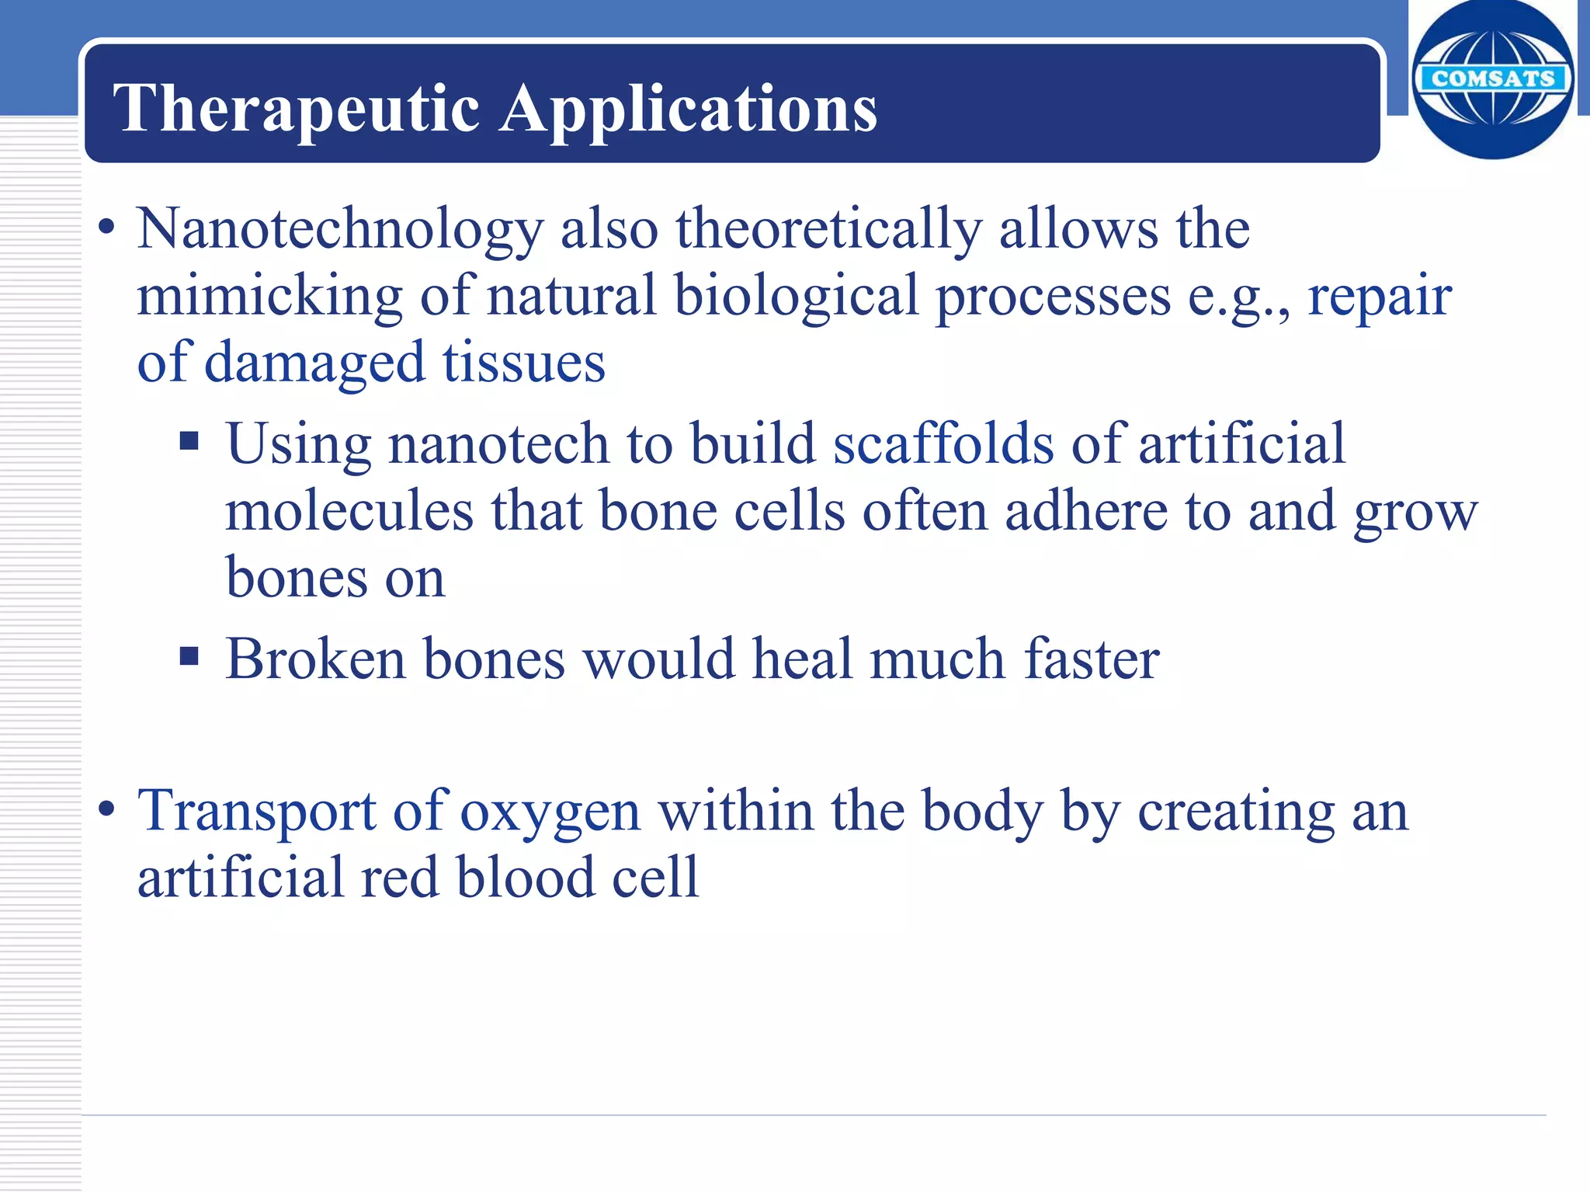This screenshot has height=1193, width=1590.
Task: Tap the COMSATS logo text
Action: tap(1492, 78)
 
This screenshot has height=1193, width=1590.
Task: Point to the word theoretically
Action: tap(828, 230)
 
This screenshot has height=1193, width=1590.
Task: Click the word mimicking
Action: tap(269, 297)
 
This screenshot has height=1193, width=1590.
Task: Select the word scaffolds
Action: tap(943, 444)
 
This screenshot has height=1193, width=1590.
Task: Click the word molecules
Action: tap(349, 511)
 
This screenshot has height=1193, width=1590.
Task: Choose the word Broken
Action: tap(316, 659)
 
